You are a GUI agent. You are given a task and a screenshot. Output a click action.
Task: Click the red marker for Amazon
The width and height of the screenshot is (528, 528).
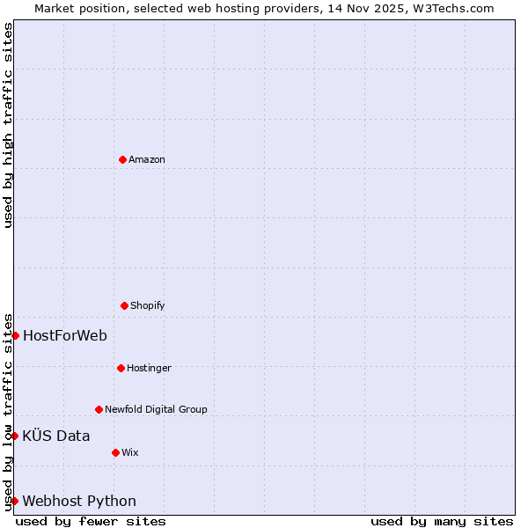click(x=122, y=159)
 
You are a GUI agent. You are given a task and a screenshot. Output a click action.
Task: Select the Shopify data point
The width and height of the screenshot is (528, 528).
click(x=124, y=305)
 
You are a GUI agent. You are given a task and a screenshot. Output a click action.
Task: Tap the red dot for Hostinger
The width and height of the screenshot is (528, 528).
click(x=121, y=368)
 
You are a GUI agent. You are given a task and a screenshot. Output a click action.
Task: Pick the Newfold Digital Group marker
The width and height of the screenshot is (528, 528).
click(x=99, y=409)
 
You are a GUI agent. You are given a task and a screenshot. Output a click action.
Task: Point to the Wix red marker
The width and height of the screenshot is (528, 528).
click(x=115, y=452)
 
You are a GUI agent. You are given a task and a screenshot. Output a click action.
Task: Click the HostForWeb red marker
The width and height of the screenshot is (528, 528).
click(x=15, y=335)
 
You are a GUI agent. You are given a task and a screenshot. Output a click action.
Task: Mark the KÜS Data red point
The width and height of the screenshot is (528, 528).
click(x=15, y=436)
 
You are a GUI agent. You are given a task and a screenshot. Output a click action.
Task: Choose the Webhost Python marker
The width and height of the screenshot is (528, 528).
click(x=15, y=501)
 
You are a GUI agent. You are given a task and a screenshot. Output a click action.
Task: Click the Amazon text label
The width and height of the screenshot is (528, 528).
click(x=147, y=160)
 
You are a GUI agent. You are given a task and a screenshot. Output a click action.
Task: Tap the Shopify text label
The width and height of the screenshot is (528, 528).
click(x=148, y=306)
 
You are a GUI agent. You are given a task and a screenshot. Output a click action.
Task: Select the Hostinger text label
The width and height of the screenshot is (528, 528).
click(x=149, y=368)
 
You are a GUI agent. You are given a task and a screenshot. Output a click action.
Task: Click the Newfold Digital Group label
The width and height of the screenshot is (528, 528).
click(x=156, y=409)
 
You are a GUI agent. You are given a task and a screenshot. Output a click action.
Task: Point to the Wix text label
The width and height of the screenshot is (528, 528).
click(x=130, y=452)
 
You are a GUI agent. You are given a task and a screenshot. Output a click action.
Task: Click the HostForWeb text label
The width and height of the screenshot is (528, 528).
click(x=65, y=335)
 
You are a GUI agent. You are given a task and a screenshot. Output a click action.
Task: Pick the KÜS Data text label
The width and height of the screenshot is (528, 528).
click(x=56, y=436)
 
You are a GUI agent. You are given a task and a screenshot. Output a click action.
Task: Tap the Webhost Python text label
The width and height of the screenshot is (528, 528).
click(x=79, y=502)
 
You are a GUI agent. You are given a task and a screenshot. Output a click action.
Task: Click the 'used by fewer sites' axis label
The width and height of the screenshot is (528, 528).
click(x=91, y=521)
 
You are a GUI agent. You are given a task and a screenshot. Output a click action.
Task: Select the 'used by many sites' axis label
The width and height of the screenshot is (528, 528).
click(x=442, y=521)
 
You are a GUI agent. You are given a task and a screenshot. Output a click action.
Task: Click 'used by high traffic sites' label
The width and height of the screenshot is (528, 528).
click(x=8, y=125)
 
